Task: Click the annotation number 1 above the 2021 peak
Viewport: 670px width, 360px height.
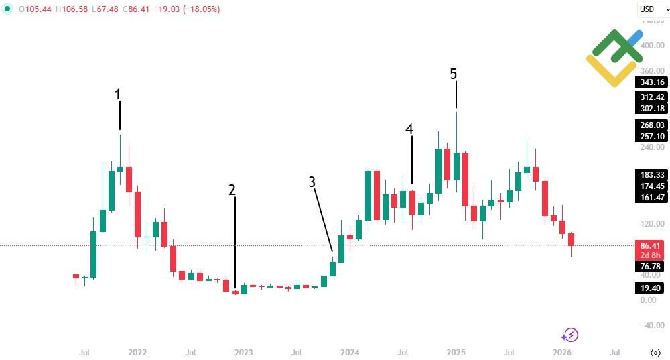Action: pyautogui.click(x=118, y=95)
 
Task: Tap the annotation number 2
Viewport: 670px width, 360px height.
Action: pyautogui.click(x=232, y=171)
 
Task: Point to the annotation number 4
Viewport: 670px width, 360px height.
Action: pyautogui.click(x=409, y=129)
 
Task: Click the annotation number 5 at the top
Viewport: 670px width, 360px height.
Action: pyautogui.click(x=454, y=73)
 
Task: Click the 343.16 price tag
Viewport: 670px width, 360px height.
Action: pyautogui.click(x=652, y=82)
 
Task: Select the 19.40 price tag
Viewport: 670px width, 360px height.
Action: pyautogui.click(x=652, y=288)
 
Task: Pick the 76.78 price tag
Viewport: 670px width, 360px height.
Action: pyautogui.click(x=652, y=267)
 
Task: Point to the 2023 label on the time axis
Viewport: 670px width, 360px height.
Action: pyautogui.click(x=243, y=352)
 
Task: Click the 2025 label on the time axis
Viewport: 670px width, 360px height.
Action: pyautogui.click(x=456, y=352)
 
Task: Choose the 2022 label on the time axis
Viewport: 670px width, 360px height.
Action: pyautogui.click(x=137, y=352)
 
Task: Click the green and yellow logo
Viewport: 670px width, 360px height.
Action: pyautogui.click(x=614, y=58)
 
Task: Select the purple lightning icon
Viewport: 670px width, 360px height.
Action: pyautogui.click(x=570, y=335)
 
